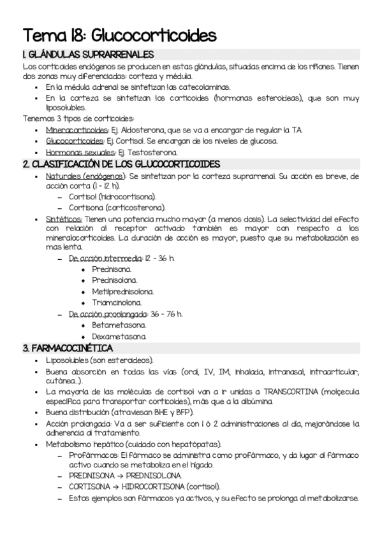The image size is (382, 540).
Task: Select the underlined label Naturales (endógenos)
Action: click(85, 175)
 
